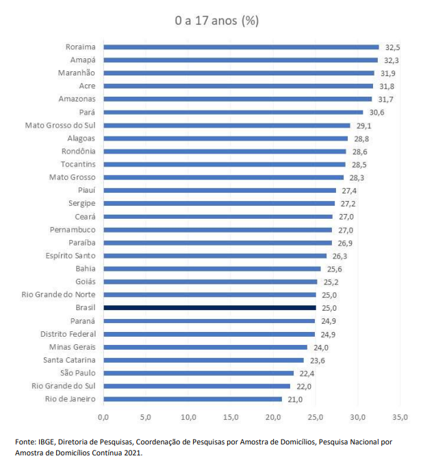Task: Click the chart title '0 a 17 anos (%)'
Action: coord(216,21)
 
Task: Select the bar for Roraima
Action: coord(241,47)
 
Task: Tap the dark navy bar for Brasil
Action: coord(209,308)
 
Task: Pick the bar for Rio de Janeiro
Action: coord(192,399)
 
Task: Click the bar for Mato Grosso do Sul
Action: coord(227,126)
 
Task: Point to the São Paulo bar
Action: coord(198,373)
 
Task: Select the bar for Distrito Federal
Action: coord(209,334)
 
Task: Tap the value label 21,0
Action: coord(296,399)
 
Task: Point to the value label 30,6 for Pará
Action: coord(377,112)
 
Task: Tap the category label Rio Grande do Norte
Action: coord(62,295)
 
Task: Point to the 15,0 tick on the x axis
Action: coord(231,416)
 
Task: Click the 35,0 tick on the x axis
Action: coord(400,416)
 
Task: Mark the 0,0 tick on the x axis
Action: coord(104,416)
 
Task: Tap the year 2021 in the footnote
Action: coord(132,452)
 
